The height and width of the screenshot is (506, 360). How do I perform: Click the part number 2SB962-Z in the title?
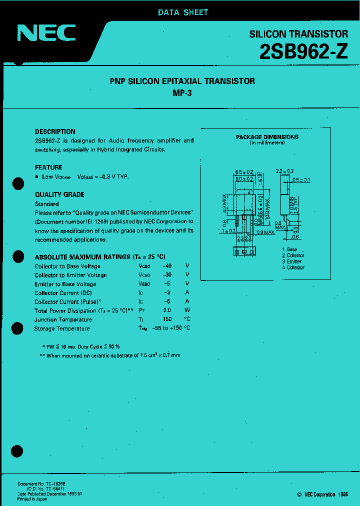[x=303, y=52]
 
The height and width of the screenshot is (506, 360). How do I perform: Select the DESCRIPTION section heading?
[x=55, y=131]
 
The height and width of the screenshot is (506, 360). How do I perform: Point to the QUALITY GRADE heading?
[x=59, y=194]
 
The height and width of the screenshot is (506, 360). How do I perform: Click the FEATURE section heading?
[x=48, y=167]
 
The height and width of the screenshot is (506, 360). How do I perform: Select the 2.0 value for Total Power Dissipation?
[x=167, y=310]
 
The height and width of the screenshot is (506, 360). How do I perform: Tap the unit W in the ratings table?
[x=187, y=310]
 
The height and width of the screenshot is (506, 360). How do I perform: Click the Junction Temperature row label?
[x=63, y=319]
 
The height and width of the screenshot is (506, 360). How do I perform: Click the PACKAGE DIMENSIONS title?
[x=267, y=137]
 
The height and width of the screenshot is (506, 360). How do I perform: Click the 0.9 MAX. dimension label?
[x=265, y=232]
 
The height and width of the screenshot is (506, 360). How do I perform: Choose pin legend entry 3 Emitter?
[x=292, y=261]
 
